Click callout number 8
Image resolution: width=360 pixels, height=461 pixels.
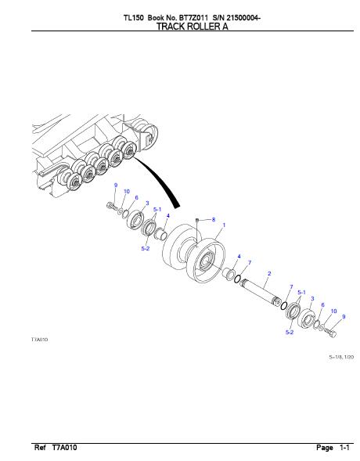(214, 219)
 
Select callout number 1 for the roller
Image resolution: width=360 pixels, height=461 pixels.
(224, 225)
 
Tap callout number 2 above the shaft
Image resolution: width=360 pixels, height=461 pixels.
(269, 273)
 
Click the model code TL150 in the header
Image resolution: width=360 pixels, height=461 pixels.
(133, 18)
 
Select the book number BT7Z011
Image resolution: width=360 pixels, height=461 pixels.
(193, 18)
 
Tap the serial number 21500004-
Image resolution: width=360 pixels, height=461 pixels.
(243, 18)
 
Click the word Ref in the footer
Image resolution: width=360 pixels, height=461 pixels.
(40, 448)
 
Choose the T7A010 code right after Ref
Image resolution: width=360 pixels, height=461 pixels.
(65, 448)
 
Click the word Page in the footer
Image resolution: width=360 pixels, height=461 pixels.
(325, 448)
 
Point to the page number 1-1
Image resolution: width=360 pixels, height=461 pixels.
(344, 448)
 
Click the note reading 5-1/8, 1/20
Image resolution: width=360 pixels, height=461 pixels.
(341, 357)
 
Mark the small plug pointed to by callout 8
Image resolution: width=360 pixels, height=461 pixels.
(197, 220)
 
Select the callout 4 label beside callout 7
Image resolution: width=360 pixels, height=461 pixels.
(239, 257)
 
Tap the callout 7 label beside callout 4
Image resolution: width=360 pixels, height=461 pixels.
(250, 262)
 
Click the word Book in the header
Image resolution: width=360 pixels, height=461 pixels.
(156, 18)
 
